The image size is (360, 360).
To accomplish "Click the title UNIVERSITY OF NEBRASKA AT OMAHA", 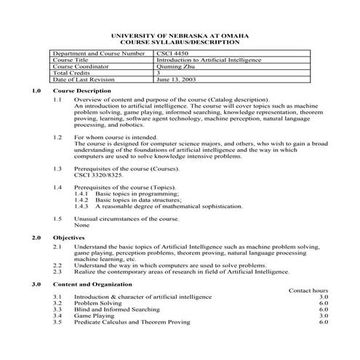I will coord(179,36).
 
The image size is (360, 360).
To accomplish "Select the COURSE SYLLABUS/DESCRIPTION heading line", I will coord(179,42).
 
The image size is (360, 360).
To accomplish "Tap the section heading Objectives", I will coord(69,238).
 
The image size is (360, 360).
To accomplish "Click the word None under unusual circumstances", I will coord(81,225).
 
